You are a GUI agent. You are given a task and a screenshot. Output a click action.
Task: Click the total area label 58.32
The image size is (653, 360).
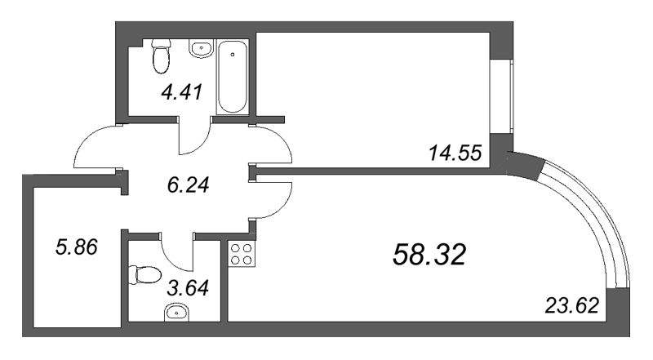pos(429,255)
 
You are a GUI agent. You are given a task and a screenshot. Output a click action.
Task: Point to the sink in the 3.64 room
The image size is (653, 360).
pos(175,310)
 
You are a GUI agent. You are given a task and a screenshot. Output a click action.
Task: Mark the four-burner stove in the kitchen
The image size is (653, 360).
pos(242,254)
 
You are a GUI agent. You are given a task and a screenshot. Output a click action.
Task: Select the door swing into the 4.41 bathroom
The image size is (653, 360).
pos(194,137)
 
